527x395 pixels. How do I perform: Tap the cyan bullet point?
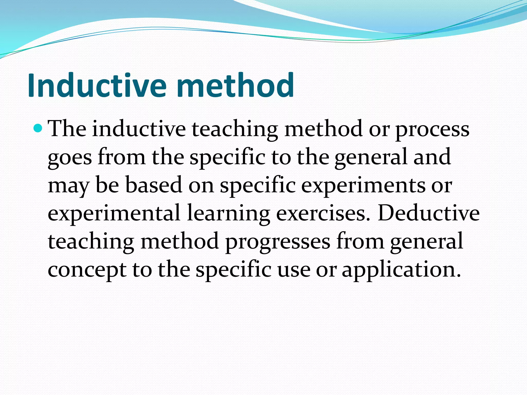tap(38, 128)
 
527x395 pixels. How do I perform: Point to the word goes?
tap(70, 157)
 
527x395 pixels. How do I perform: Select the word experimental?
tap(114, 214)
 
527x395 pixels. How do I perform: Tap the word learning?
tap(228, 214)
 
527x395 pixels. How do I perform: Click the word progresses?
tap(278, 242)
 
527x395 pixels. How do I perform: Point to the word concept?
tap(87, 271)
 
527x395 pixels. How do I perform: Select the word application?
tap(401, 271)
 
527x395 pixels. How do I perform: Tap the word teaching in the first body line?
tap(235, 129)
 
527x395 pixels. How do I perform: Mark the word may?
tap(68, 186)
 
